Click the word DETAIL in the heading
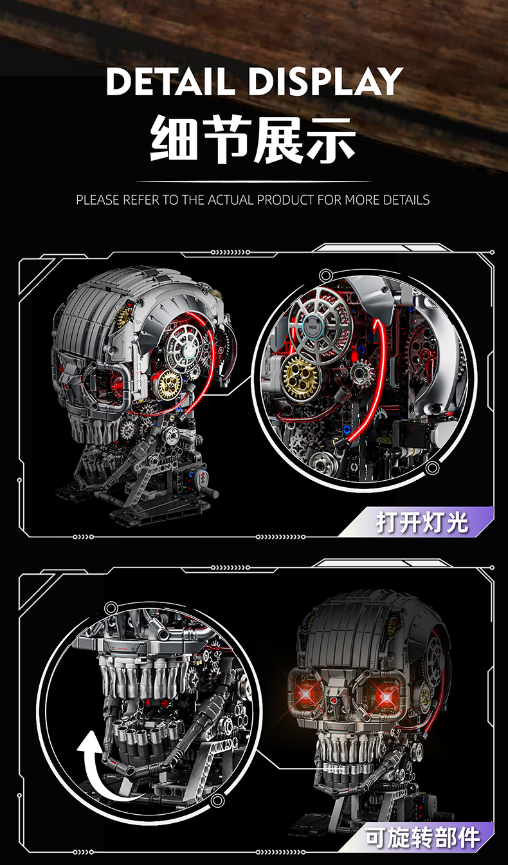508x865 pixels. coord(170,82)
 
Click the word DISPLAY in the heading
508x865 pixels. coord(326,82)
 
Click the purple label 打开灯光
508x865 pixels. coord(422,522)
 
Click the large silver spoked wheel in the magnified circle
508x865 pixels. coord(320,325)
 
